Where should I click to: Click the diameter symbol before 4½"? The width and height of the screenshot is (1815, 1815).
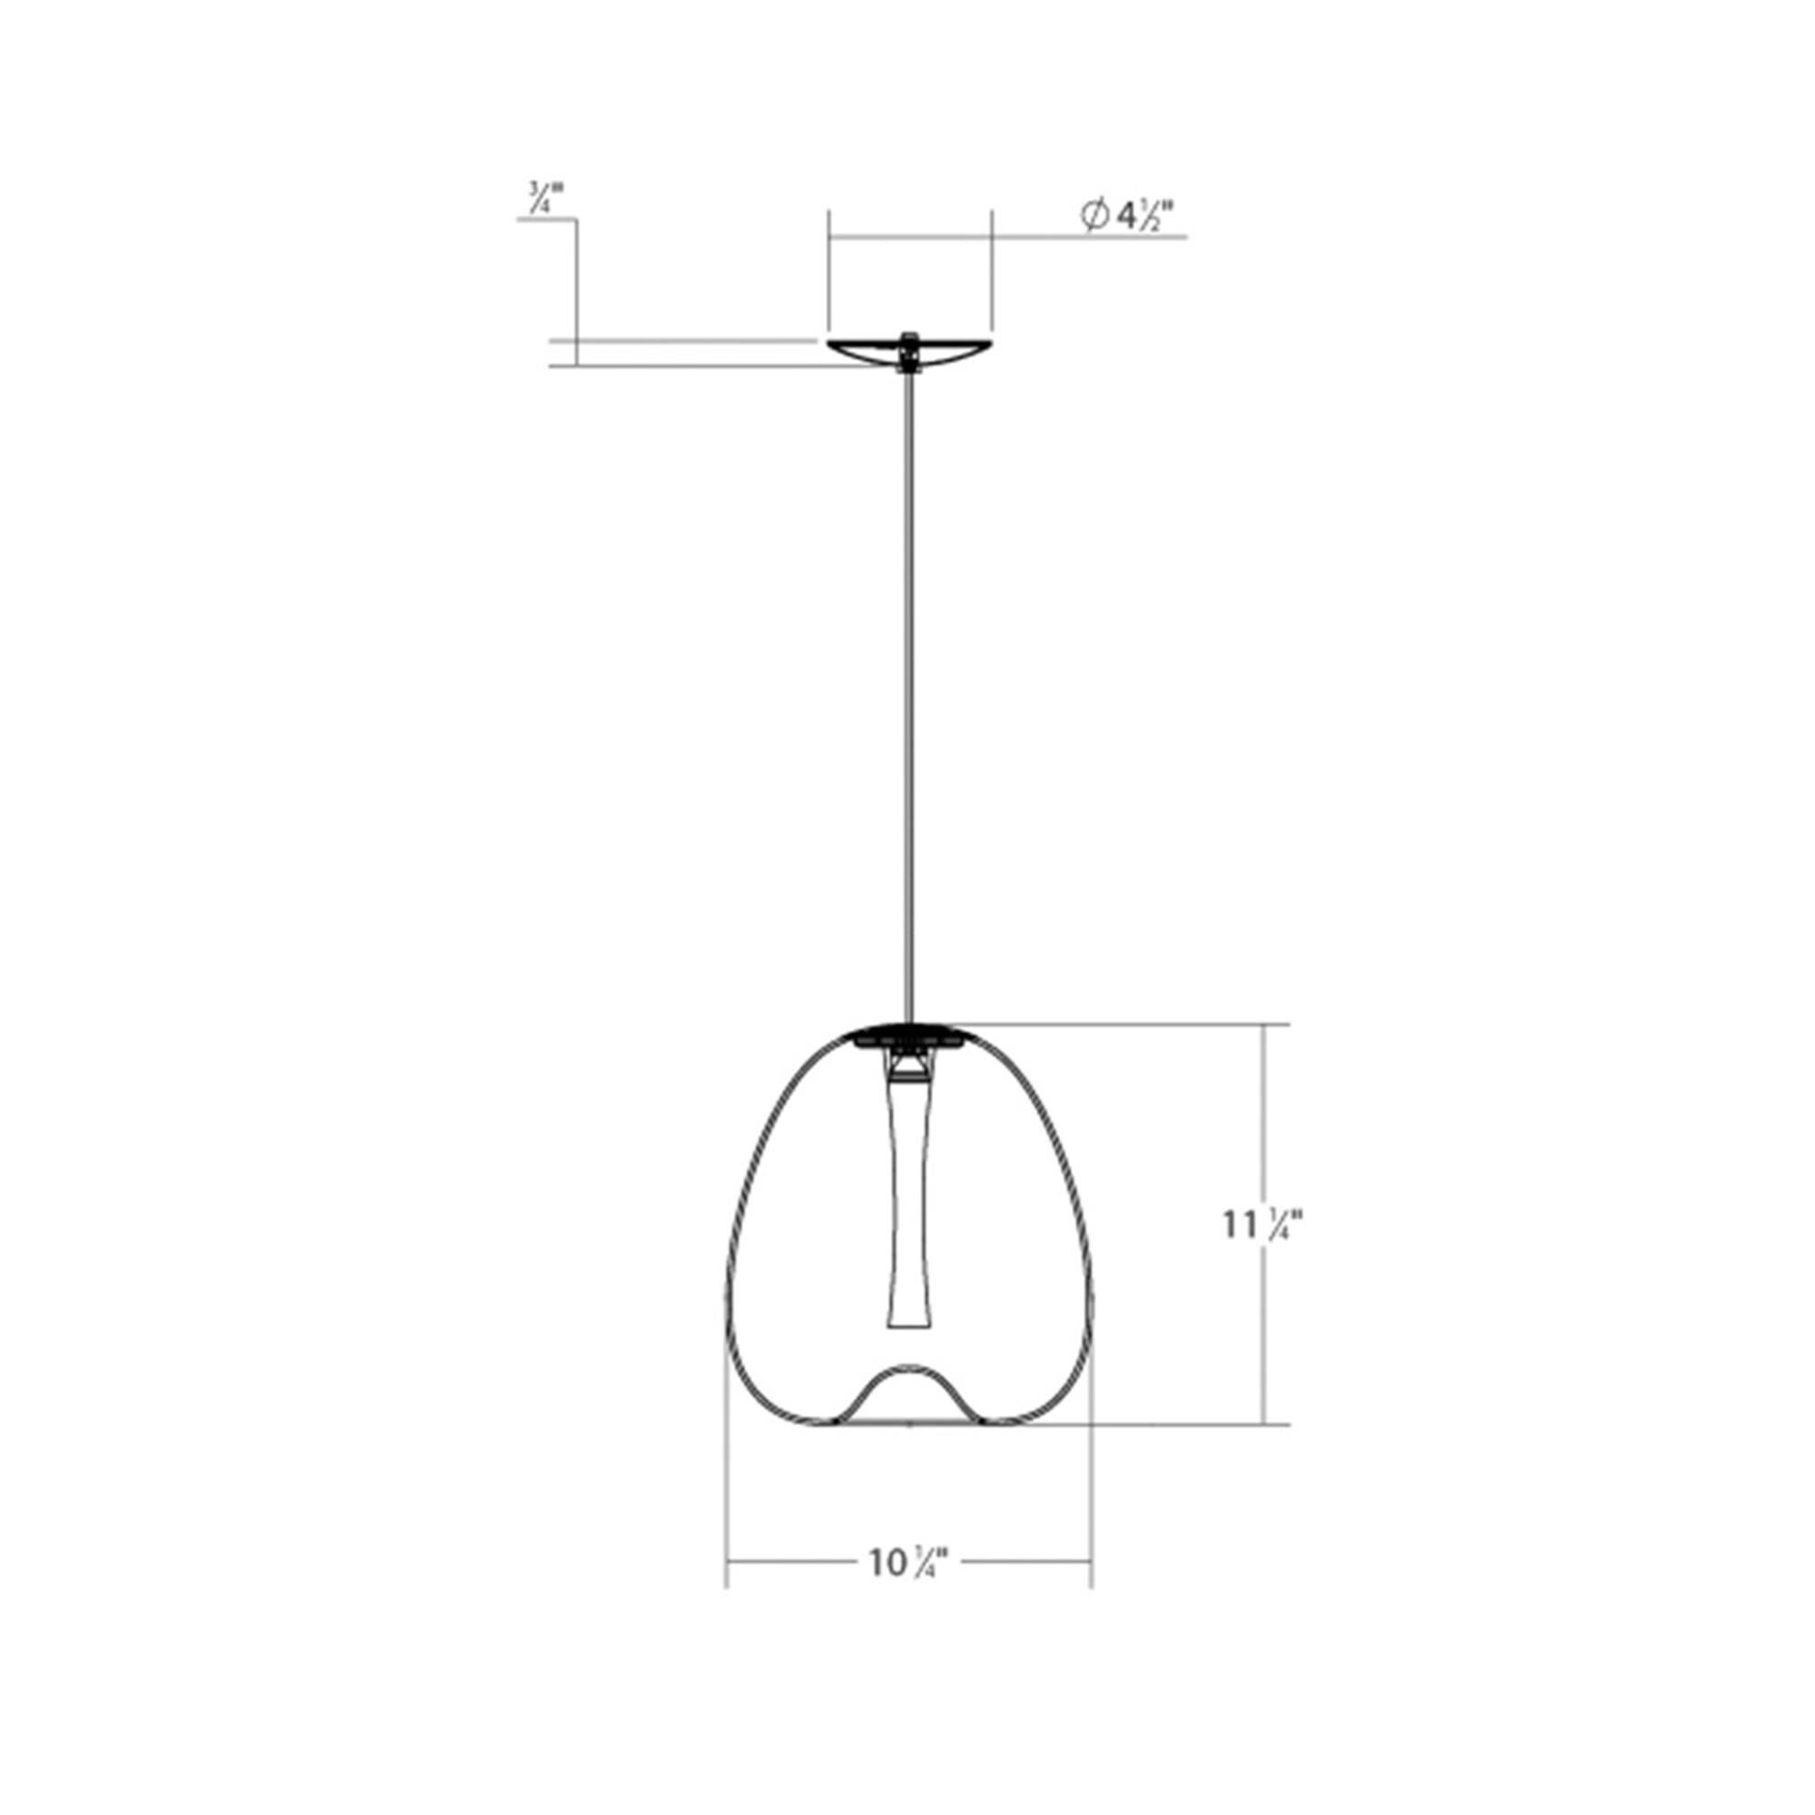point(1093,217)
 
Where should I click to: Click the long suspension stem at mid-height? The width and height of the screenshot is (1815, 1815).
point(907,695)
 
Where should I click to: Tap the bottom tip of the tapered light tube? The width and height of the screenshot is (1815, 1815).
point(908,1327)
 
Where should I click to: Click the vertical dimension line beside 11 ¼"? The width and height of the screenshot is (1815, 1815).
point(1264,1127)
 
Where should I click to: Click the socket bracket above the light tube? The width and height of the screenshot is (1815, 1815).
point(907,1065)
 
